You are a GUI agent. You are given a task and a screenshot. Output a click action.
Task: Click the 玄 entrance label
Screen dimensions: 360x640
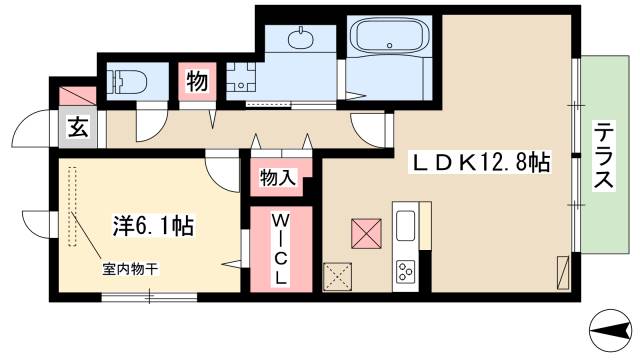76,128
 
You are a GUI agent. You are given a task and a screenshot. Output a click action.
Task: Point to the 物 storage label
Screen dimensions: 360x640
197,82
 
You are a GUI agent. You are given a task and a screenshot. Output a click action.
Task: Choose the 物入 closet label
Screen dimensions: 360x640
276,178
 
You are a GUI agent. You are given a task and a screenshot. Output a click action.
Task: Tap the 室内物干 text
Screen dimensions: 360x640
130,268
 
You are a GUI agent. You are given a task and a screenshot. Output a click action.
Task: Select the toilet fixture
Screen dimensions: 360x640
126,80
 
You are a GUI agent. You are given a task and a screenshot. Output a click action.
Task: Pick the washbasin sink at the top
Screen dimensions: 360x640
300,41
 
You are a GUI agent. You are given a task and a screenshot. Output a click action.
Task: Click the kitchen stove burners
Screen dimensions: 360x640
407,271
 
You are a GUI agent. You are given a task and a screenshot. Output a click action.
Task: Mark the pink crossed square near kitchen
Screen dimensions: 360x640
366,233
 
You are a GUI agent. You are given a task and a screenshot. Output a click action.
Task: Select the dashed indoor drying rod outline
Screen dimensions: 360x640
72,206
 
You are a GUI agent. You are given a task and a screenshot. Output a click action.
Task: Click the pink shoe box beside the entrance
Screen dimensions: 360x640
76,97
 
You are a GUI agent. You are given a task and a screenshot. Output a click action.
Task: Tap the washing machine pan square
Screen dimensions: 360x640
243,79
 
